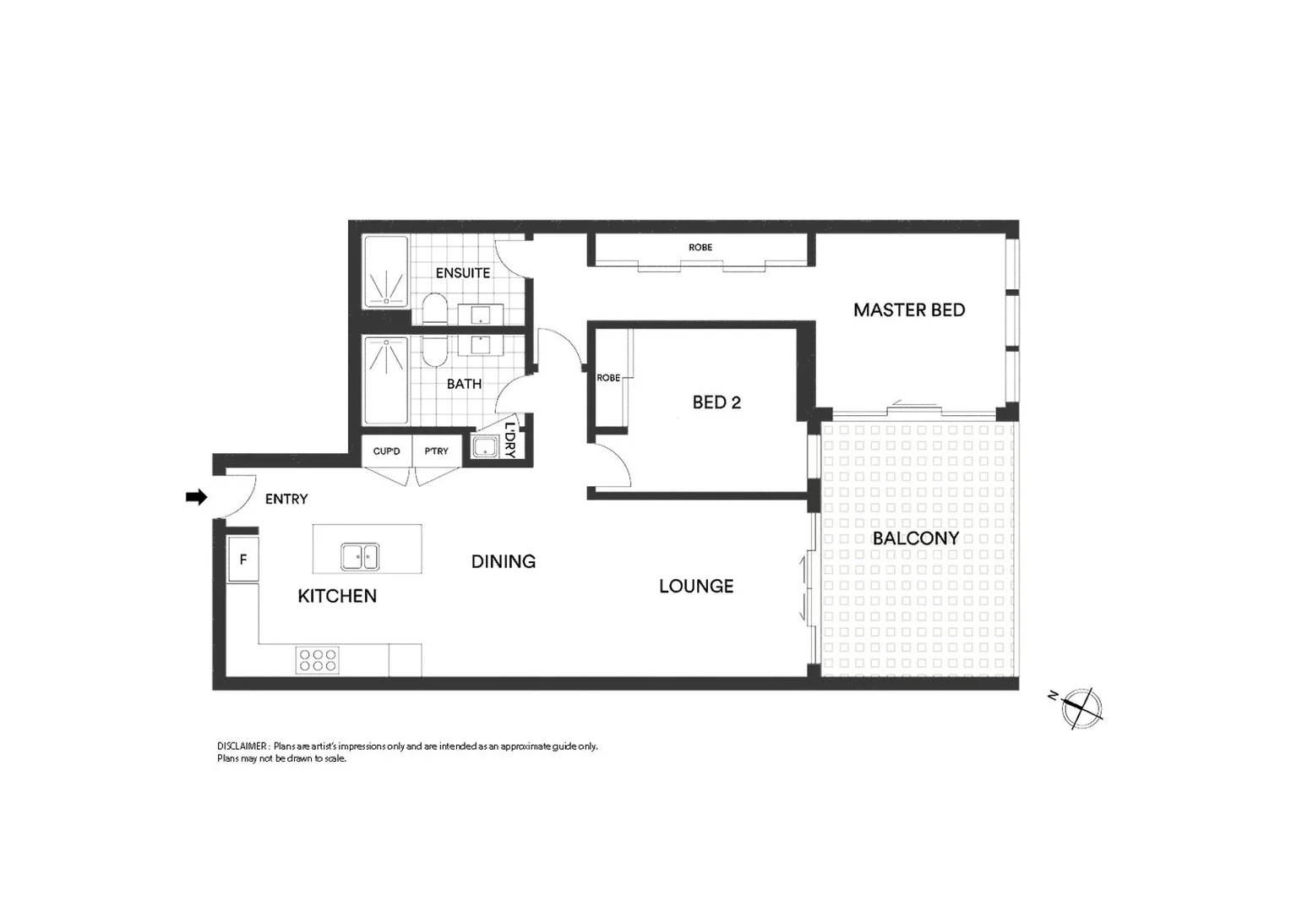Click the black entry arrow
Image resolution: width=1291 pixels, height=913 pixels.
click(196, 497)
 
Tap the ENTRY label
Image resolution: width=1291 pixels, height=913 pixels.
click(286, 500)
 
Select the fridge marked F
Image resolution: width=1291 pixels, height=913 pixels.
click(243, 560)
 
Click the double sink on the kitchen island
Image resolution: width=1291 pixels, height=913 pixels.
click(360, 557)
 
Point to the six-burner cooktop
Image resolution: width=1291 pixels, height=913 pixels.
click(318, 659)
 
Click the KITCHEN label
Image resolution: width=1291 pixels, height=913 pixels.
click(337, 596)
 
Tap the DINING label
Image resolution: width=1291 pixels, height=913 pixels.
click(504, 561)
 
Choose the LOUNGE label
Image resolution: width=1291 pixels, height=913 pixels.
click(696, 586)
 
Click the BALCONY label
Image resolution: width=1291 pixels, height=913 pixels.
click(916, 539)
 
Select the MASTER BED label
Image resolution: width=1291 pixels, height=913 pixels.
click(909, 310)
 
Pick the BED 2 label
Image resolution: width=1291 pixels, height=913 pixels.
click(716, 402)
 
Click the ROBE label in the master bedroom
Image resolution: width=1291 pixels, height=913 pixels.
click(700, 248)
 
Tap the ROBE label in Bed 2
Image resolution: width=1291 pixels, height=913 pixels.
click(608, 378)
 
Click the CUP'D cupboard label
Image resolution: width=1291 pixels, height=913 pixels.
click(386, 451)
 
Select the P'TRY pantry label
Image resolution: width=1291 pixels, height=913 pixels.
click(436, 451)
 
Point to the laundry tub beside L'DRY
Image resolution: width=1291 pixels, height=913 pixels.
click(485, 447)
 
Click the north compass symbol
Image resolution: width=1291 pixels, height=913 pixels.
click(1081, 708)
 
